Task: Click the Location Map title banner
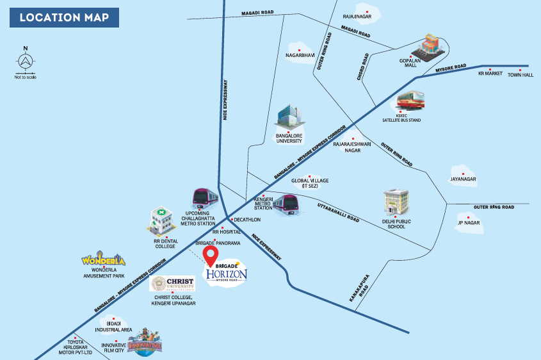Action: (x=64, y=17)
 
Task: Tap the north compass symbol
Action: (x=25, y=61)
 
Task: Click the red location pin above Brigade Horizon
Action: (x=210, y=256)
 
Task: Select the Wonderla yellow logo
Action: (x=103, y=258)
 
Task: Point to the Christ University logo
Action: (x=172, y=283)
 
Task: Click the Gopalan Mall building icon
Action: (x=428, y=47)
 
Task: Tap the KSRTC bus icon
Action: (x=410, y=101)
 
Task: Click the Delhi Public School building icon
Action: (x=396, y=202)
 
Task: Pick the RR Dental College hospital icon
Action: (x=161, y=221)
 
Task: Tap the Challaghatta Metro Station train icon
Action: (x=205, y=198)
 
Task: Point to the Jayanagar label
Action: (x=463, y=179)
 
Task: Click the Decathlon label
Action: (x=247, y=220)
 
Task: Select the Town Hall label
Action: (x=521, y=75)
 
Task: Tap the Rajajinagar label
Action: (x=357, y=17)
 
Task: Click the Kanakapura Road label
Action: (x=359, y=288)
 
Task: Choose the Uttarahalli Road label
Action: (x=338, y=213)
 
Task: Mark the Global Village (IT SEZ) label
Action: (x=310, y=183)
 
